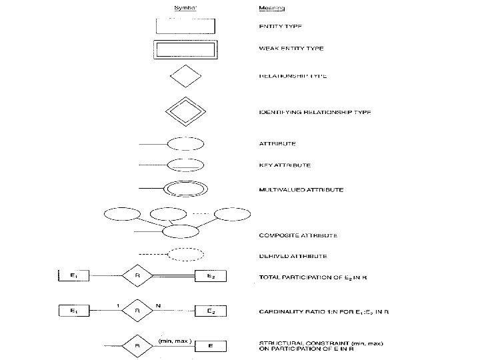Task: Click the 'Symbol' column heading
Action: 185,9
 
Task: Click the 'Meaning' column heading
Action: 271,9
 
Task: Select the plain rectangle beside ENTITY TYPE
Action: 185,25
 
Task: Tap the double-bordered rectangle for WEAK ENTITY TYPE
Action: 185,50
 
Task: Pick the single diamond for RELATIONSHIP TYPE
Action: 185,77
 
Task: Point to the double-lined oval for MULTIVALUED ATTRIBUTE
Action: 185,189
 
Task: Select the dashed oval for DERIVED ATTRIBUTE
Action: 185,255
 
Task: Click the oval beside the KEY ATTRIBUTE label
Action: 185,165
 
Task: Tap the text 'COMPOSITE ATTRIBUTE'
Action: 297,235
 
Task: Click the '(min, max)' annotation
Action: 175,340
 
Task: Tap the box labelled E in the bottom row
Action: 210,346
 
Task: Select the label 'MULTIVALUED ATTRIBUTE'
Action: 301,190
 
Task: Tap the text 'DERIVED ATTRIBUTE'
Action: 293,256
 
